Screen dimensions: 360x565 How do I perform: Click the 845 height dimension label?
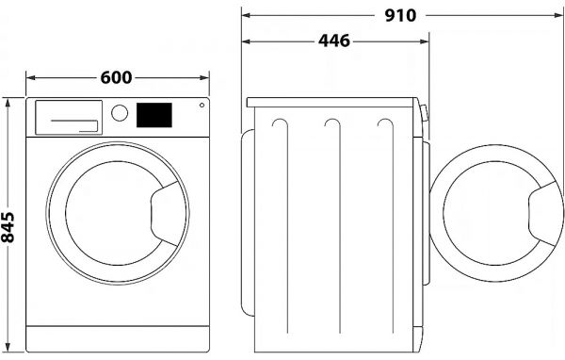click(x=8, y=225)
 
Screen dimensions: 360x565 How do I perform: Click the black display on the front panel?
click(x=154, y=115)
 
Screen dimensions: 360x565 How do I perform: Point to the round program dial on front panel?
click(x=120, y=113)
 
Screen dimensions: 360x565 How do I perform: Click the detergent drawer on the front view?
click(x=68, y=117)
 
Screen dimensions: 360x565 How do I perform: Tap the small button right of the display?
click(x=201, y=106)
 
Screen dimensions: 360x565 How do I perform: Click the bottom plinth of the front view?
click(x=117, y=338)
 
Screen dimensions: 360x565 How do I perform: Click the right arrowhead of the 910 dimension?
click(x=559, y=15)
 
